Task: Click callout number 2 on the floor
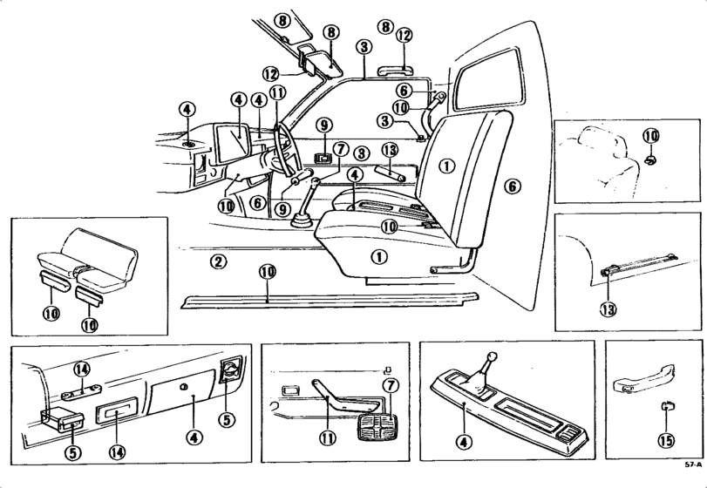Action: click(x=220, y=261)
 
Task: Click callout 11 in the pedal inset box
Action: click(x=326, y=439)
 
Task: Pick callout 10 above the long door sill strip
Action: click(x=267, y=272)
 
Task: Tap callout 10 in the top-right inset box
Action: click(x=650, y=136)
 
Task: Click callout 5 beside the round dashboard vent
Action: click(x=227, y=419)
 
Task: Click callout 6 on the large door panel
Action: click(x=512, y=186)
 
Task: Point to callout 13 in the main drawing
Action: click(x=389, y=150)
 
